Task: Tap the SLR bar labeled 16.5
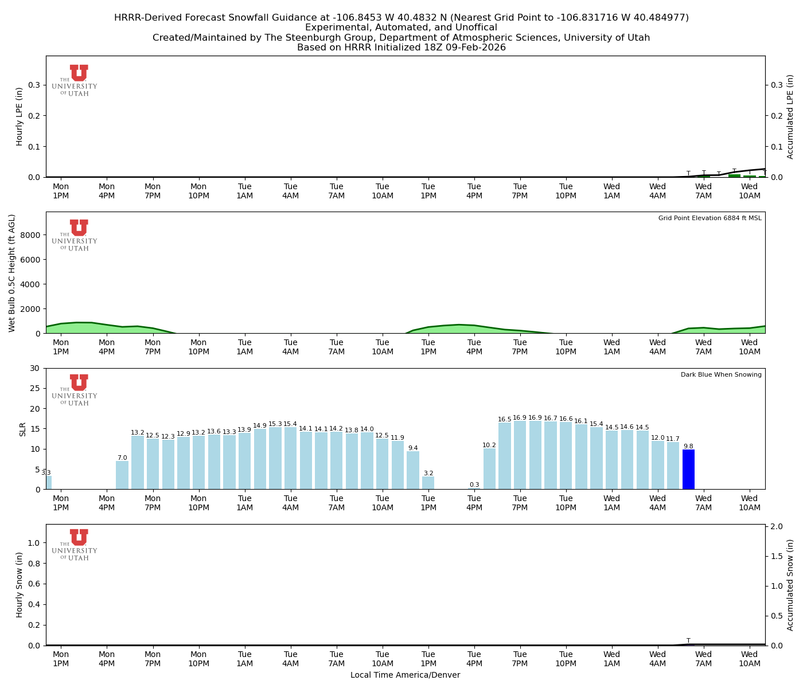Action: coord(505,456)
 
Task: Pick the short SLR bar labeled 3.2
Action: coord(428,483)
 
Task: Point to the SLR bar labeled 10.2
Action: coord(489,468)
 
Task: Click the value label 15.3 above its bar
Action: coord(275,424)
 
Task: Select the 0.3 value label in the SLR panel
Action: coord(474,485)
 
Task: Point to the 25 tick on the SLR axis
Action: coord(37,388)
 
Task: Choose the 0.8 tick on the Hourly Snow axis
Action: coord(34,564)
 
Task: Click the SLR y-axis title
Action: coord(23,429)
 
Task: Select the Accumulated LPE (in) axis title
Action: coord(790,116)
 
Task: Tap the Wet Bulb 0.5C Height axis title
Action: coord(12,273)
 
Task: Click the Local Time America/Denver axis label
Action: coord(405,675)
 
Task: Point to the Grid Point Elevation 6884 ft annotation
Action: coord(710,218)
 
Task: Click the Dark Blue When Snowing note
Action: coord(721,374)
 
